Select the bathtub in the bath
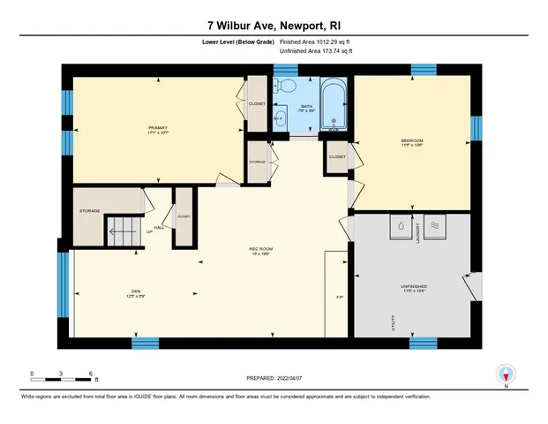pyautogui.click(x=334, y=103)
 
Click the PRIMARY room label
pyautogui.click(x=158, y=129)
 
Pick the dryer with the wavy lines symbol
pyautogui.click(x=436, y=226)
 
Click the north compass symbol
pyautogui.click(x=506, y=375)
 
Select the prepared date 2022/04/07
pyautogui.click(x=274, y=377)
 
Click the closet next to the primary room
pyautogui.click(x=257, y=103)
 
